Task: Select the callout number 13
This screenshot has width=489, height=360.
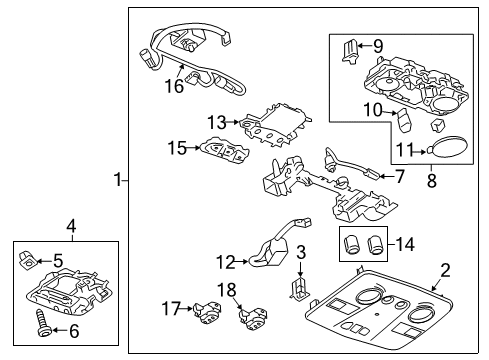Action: tap(217, 121)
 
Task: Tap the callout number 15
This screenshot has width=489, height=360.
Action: tap(176, 149)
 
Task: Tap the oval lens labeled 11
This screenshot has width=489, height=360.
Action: tap(447, 150)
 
